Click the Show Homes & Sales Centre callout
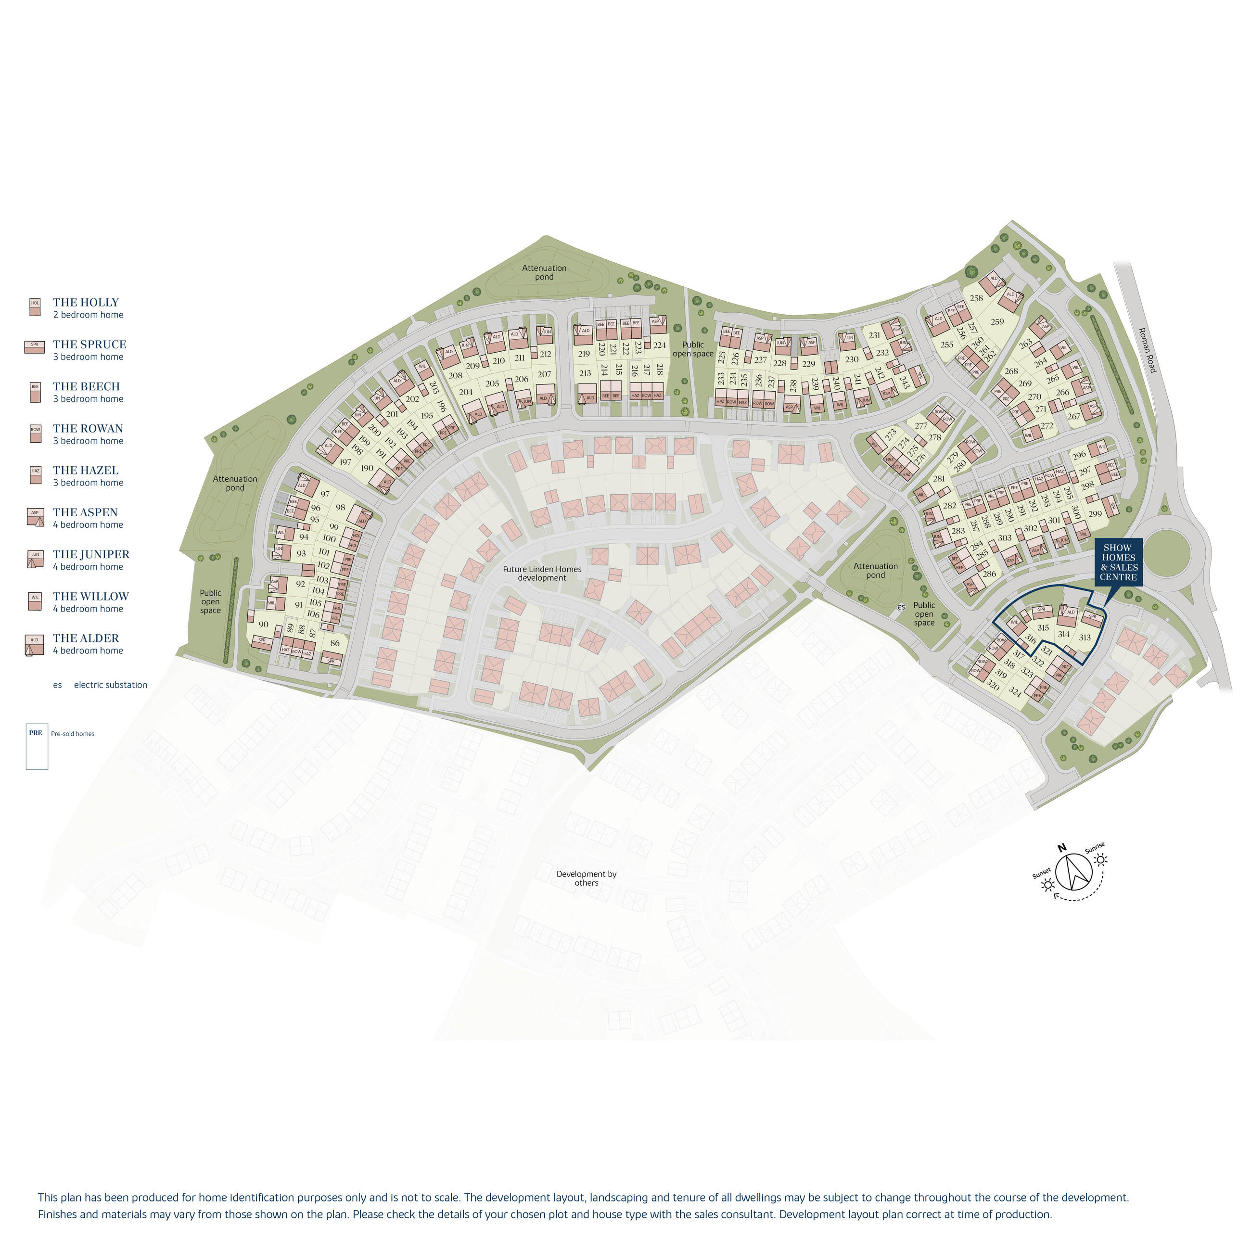coord(1118,562)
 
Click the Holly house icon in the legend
coord(35,307)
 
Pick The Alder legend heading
coord(86,638)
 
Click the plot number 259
coord(997,322)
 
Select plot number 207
coord(545,374)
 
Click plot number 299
coord(1095,514)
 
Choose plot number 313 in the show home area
coord(1085,638)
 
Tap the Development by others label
coord(586,878)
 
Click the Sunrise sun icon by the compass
coord(1101,860)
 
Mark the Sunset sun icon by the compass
coord(1047,884)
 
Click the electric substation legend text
coord(110,685)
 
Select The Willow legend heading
coord(90,596)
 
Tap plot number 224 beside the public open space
coord(659,345)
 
